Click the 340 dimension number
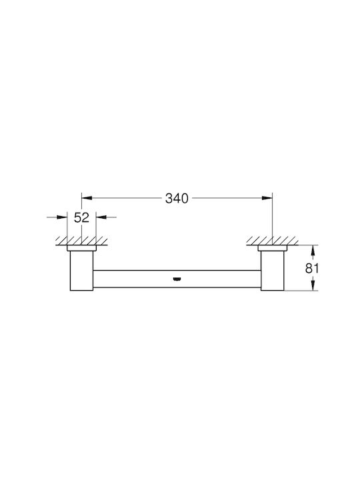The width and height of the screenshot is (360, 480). (177, 199)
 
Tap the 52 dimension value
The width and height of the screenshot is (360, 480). (81, 217)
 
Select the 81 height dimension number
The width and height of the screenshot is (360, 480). (312, 269)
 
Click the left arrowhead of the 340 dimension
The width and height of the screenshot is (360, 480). (87, 199)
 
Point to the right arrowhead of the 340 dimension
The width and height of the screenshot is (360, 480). (267, 199)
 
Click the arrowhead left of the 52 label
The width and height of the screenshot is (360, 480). (62, 217)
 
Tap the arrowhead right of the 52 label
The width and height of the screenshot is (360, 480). (101, 217)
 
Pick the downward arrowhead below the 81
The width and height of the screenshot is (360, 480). (313, 285)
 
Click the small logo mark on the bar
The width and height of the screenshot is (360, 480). (176, 279)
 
